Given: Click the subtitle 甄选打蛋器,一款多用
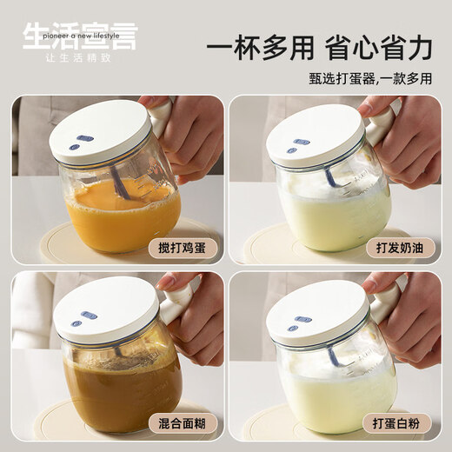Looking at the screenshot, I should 369,79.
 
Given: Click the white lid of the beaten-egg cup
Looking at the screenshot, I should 100,130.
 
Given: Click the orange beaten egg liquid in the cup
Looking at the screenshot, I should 122,222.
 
